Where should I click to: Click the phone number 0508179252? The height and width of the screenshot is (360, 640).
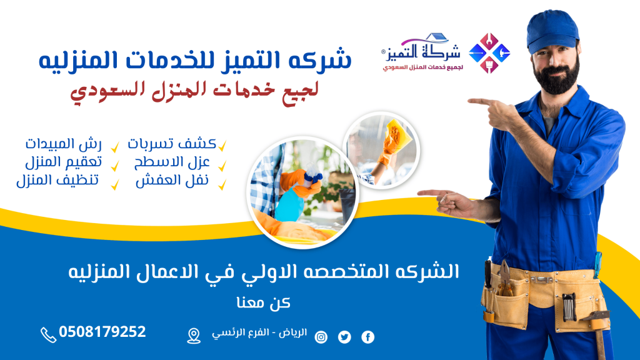(x=102, y=332)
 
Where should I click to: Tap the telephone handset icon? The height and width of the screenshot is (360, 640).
(x=48, y=335)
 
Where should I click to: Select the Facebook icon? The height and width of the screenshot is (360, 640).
(x=367, y=337)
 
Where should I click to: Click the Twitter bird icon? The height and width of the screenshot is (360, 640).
(x=344, y=337)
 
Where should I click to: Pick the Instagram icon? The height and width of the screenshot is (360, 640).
(x=321, y=337)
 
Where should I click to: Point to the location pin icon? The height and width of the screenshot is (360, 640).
(x=194, y=336)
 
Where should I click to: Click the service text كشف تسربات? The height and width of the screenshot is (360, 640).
(x=172, y=144)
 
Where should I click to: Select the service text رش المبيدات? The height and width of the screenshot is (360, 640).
(x=63, y=144)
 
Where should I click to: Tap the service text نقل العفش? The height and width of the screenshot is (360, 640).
(x=172, y=180)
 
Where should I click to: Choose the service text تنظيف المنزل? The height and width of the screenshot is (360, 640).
(x=57, y=180)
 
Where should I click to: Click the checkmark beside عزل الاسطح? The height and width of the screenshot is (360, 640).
(x=222, y=166)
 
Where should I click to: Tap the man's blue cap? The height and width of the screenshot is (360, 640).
(x=552, y=31)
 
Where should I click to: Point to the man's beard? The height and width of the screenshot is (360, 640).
(x=556, y=77)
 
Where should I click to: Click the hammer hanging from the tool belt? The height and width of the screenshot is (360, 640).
(x=597, y=331)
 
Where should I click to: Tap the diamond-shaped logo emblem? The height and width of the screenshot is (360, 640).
(x=489, y=53)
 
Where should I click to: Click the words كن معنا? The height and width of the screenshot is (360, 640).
(x=263, y=302)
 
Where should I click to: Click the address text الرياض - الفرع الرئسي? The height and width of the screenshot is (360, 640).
(x=259, y=333)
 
